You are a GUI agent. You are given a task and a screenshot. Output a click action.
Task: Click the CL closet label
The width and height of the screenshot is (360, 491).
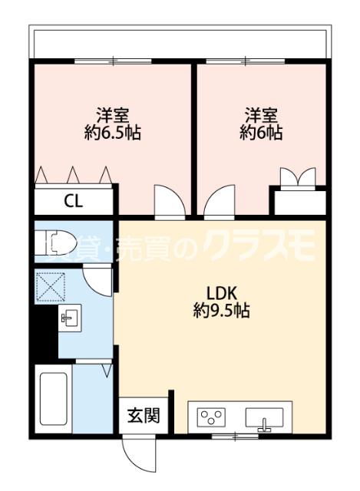pyautogui.click(x=74, y=202)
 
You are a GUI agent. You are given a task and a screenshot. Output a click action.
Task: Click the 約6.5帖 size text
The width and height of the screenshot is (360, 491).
pyautogui.click(x=112, y=132)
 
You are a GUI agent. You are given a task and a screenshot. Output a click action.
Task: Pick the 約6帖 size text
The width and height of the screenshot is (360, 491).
pyautogui.click(x=261, y=132)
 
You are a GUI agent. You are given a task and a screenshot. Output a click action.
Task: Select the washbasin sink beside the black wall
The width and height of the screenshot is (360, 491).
pyautogui.click(x=69, y=316)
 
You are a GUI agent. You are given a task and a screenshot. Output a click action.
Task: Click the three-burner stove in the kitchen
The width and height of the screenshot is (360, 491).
pyautogui.click(x=213, y=417)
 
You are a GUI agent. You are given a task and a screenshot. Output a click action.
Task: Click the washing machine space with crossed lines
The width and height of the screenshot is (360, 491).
pyautogui.click(x=50, y=288)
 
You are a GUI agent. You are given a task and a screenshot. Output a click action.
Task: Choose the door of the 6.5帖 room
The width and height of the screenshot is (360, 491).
pyautogui.click(x=167, y=201)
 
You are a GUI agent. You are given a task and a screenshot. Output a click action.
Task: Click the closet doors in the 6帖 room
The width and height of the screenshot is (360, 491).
pyautogui.click(x=297, y=178)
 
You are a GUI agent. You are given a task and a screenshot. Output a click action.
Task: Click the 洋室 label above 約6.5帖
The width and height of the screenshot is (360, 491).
pyautogui.click(x=112, y=115)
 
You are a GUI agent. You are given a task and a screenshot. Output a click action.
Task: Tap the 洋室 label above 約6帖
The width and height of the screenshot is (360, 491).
pyautogui.click(x=261, y=115)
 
